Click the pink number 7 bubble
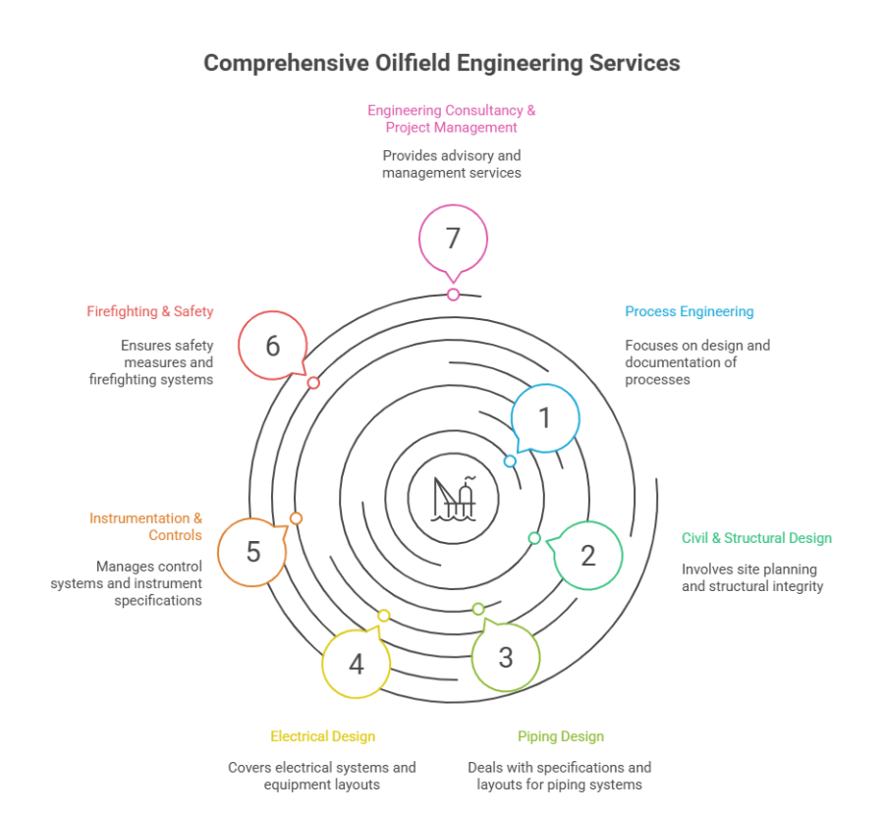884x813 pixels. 453,239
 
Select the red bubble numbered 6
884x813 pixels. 273,346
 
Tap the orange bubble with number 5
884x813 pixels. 252,552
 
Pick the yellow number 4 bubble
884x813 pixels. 357,664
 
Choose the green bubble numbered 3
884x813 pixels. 506,657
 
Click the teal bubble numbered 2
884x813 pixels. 588,556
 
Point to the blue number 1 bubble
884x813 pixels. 545,418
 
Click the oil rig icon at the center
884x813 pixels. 453,499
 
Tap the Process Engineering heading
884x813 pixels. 689,311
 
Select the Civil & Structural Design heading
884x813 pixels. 756,538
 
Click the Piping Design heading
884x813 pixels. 561,736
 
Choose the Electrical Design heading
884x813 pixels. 322,736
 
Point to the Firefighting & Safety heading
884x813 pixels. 150,311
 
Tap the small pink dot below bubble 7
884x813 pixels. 453,295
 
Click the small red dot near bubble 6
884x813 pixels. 313,383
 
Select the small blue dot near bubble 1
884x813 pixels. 510,461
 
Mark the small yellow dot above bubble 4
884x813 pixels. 383,616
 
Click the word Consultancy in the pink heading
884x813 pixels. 484,110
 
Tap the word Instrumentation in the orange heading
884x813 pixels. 139,518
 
